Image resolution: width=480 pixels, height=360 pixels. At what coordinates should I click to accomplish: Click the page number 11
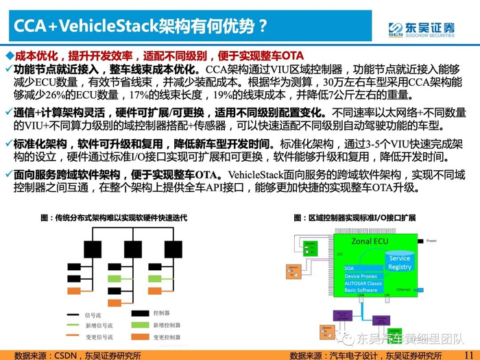[468, 354]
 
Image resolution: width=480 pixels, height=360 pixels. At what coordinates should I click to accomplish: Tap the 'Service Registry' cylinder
[399, 262]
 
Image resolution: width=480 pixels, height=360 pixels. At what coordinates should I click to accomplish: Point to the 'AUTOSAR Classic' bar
[364, 283]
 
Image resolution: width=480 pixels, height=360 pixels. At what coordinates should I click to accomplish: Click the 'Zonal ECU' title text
[370, 241]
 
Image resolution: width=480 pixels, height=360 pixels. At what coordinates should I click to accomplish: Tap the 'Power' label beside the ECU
[431, 241]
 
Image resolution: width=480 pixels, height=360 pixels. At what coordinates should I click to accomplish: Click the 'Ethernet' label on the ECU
[403, 289]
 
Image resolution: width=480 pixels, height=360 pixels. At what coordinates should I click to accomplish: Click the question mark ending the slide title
[263, 27]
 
